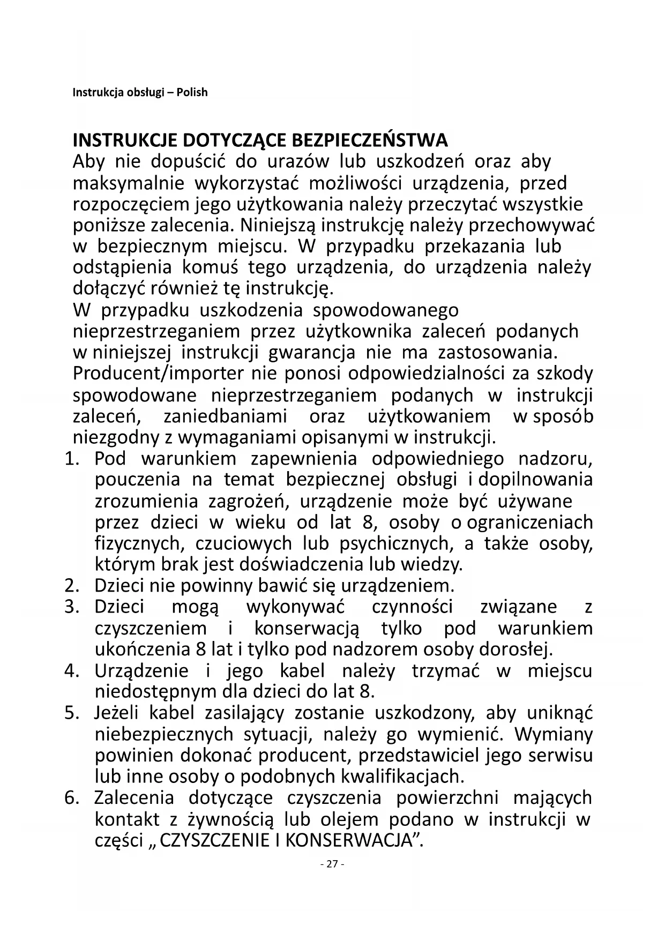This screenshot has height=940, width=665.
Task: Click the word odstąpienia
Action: (122, 267)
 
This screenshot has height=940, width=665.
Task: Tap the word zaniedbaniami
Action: (225, 416)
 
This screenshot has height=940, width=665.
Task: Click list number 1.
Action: (72, 459)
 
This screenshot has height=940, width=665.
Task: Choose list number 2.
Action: (72, 586)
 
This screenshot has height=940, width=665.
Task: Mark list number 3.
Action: (72, 607)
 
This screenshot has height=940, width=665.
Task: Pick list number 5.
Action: (72, 713)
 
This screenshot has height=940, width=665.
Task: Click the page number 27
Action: (332, 864)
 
